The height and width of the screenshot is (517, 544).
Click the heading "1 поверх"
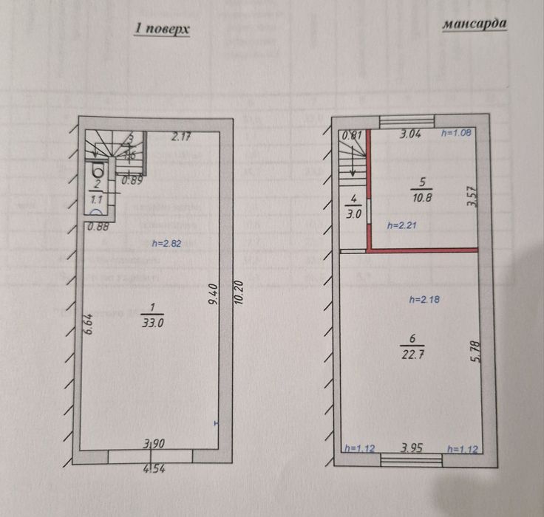click(x=163, y=29)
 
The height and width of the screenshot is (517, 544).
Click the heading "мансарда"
click(x=475, y=24)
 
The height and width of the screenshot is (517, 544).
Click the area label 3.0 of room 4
click(x=354, y=215)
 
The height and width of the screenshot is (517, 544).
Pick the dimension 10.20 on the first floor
click(x=237, y=295)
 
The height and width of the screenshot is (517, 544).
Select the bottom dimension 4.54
click(x=154, y=466)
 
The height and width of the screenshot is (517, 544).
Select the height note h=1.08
click(x=456, y=134)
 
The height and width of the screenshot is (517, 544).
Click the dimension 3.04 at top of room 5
click(x=412, y=134)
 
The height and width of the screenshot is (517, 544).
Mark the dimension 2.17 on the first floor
click(x=182, y=135)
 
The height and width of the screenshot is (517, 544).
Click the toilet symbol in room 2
click(x=97, y=171)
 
